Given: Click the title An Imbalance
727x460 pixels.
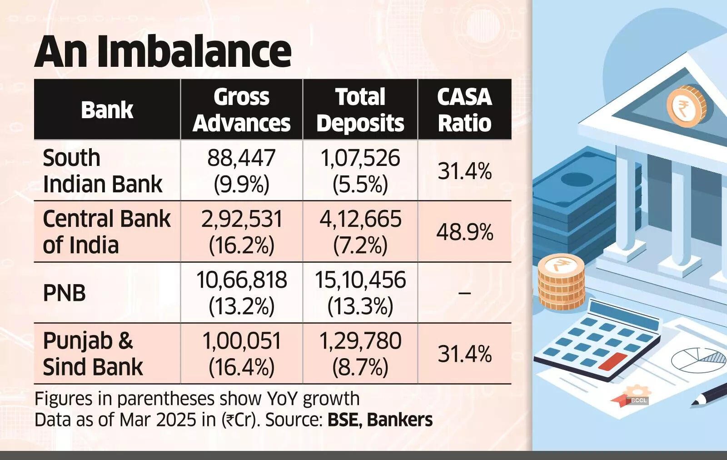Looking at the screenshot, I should pyautogui.click(x=163, y=51).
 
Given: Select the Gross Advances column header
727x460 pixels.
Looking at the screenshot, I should pyautogui.click(x=241, y=110).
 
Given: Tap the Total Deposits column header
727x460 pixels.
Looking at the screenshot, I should pyautogui.click(x=360, y=110).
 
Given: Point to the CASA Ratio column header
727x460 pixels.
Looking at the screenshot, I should pyautogui.click(x=464, y=110).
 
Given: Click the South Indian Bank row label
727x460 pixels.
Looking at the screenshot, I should pyautogui.click(x=102, y=170).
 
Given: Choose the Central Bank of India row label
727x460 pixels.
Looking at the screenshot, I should pyautogui.click(x=106, y=231).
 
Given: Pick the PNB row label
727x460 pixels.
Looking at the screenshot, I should pyautogui.click(x=64, y=292).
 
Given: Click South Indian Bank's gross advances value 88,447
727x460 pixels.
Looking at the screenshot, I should pyautogui.click(x=241, y=158).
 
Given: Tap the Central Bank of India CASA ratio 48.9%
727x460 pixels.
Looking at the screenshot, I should pyautogui.click(x=464, y=232).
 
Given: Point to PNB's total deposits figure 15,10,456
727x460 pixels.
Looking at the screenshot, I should pyautogui.click(x=360, y=280).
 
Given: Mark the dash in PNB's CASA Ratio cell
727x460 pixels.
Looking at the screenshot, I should pyautogui.click(x=464, y=293).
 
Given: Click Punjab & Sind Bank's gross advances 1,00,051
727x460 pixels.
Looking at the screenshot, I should pyautogui.click(x=241, y=341).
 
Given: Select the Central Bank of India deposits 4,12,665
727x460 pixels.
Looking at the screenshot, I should pyautogui.click(x=360, y=219).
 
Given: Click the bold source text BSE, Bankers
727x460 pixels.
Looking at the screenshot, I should pyautogui.click(x=380, y=420).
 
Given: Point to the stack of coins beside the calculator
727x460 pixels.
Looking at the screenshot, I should pyautogui.click(x=560, y=282).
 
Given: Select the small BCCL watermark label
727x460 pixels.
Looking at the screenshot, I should pyautogui.click(x=638, y=400).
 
